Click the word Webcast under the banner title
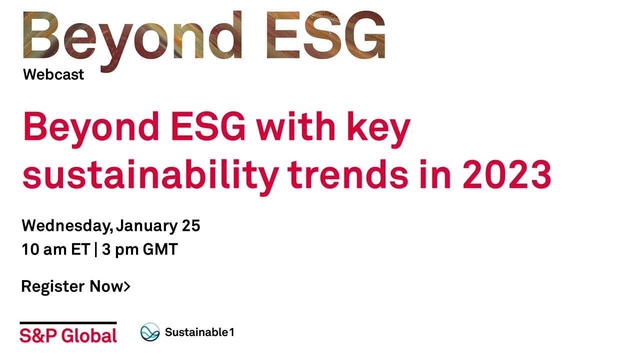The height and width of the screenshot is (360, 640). click(x=53, y=74)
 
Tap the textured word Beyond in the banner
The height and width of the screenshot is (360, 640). click(x=132, y=41)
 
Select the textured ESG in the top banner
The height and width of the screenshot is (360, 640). click(x=325, y=35)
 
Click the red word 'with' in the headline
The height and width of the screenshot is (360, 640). click(x=295, y=126)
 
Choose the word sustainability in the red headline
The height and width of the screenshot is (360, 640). click(x=150, y=177)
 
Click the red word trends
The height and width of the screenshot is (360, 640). click(x=347, y=174)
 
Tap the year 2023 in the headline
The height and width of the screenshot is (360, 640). click(x=507, y=175)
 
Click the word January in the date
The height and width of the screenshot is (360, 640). click(x=147, y=226)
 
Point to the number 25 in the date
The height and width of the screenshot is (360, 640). click(x=191, y=225)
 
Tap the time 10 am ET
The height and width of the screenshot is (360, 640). click(x=56, y=249)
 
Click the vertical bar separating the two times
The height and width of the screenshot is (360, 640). click(x=96, y=249)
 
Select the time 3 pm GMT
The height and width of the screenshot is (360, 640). click(x=140, y=249)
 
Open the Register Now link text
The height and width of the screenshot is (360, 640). click(x=72, y=286)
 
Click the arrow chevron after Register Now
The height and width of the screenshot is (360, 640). click(x=127, y=286)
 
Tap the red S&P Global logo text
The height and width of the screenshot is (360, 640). click(x=68, y=335)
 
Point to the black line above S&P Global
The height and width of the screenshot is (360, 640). click(x=68, y=323)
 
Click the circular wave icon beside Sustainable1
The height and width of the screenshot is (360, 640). click(x=150, y=332)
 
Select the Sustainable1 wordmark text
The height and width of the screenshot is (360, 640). click(x=199, y=332)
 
